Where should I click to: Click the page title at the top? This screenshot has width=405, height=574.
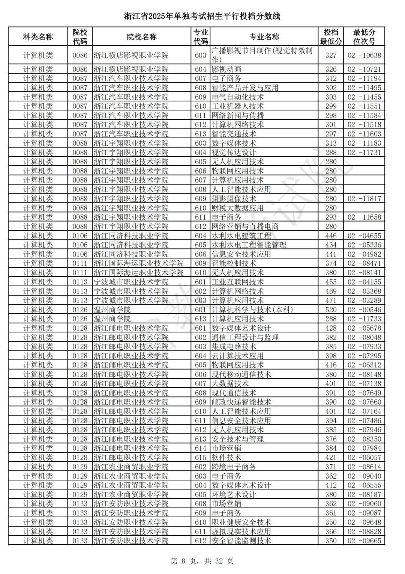(x=202, y=17)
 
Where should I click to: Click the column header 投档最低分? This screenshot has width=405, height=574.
(x=330, y=37)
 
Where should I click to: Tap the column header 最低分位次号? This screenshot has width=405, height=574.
(x=364, y=37)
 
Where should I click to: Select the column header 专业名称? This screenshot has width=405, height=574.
(x=264, y=37)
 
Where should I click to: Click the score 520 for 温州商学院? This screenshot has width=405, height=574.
(x=331, y=310)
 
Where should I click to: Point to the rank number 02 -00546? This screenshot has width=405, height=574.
(x=364, y=310)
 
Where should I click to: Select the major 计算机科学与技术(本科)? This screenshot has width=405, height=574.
(x=252, y=310)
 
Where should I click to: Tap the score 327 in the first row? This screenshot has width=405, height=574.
(x=331, y=55)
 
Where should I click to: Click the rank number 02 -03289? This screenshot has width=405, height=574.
(x=364, y=301)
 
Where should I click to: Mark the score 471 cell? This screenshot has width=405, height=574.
(x=331, y=301)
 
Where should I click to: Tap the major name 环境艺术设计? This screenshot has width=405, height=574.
(x=234, y=495)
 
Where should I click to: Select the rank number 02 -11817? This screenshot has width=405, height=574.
(x=364, y=199)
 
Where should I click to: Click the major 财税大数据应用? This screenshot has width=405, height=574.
(x=237, y=208)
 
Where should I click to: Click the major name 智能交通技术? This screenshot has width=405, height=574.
(x=234, y=134)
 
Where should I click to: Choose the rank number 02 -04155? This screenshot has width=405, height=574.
(x=364, y=282)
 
